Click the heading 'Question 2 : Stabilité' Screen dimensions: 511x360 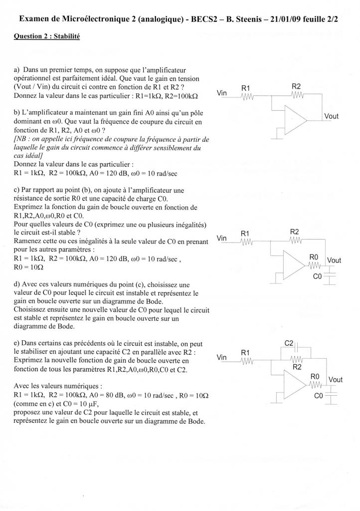coord(47,37)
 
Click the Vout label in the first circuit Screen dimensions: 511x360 coord(332,116)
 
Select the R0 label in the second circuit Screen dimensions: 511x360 coord(314,256)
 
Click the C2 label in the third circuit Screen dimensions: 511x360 coord(289,343)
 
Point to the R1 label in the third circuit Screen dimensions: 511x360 coord(245,353)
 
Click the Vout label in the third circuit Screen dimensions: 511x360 coord(336,380)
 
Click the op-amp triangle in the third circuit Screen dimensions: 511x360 coord(294,382)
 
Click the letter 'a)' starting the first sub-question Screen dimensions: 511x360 coord(17,71)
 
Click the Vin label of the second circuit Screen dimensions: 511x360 coord(222,238)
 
